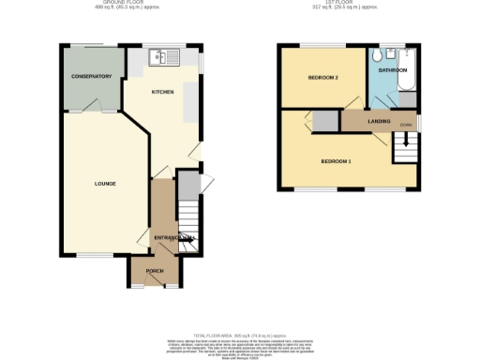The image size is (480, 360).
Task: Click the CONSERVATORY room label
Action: (x=91, y=77)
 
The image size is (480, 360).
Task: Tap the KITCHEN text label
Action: (x=164, y=93)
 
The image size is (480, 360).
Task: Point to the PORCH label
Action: (x=154, y=273)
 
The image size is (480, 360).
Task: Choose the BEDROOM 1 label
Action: (x=336, y=161)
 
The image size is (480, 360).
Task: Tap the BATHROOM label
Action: (x=392, y=71)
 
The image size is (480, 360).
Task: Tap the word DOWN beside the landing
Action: (x=406, y=123)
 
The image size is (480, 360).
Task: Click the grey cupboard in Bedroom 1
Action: (x=325, y=121)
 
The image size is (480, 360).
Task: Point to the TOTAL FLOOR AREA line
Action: (x=238, y=335)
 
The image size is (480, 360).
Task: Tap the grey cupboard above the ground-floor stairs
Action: (x=188, y=184)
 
